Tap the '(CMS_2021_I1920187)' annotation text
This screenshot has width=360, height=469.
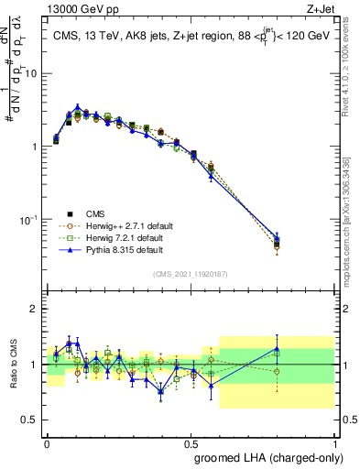click(x=190, y=274)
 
